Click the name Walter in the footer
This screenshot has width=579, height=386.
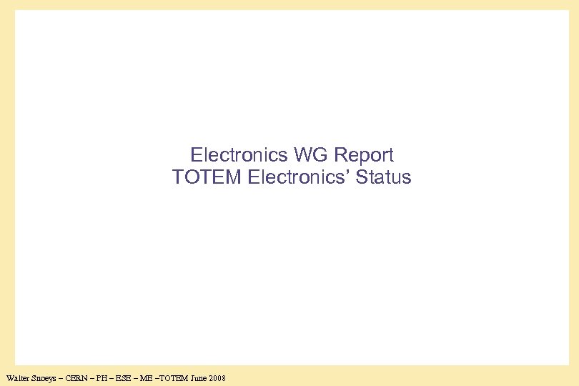point(17,377)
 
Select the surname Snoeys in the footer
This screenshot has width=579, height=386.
point(44,377)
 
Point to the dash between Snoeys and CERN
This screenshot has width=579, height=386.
point(63,377)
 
